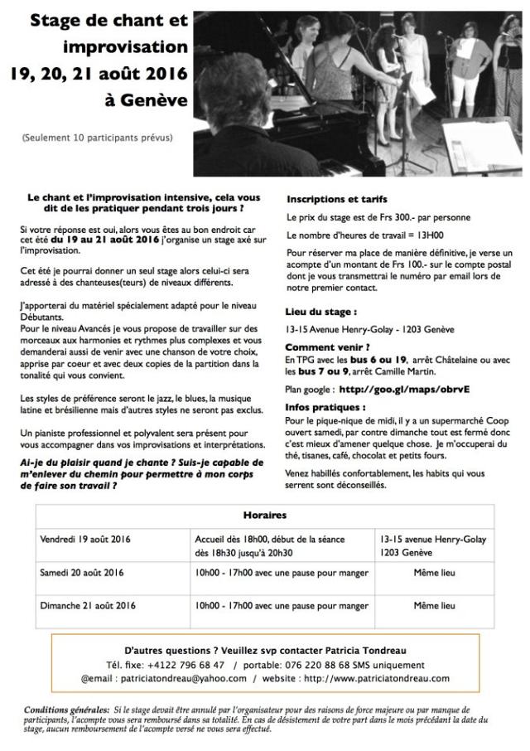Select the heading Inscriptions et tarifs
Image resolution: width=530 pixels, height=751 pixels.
[x=336, y=200]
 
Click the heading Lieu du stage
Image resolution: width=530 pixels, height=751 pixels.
[x=321, y=313]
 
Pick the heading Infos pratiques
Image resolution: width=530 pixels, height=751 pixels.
[x=325, y=409]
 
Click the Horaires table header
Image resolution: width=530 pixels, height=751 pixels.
[x=264, y=514]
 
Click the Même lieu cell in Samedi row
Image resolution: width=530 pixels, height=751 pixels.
[x=434, y=572]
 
